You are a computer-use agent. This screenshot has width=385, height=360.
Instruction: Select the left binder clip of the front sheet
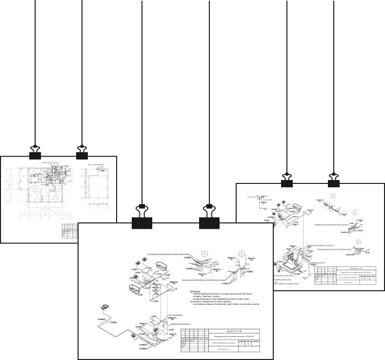pyautogui.click(x=142, y=218)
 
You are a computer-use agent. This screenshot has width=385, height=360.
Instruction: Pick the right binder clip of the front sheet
pyautogui.click(x=209, y=218)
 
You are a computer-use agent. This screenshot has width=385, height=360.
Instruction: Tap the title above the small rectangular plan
pyautogui.click(x=96, y=165)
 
